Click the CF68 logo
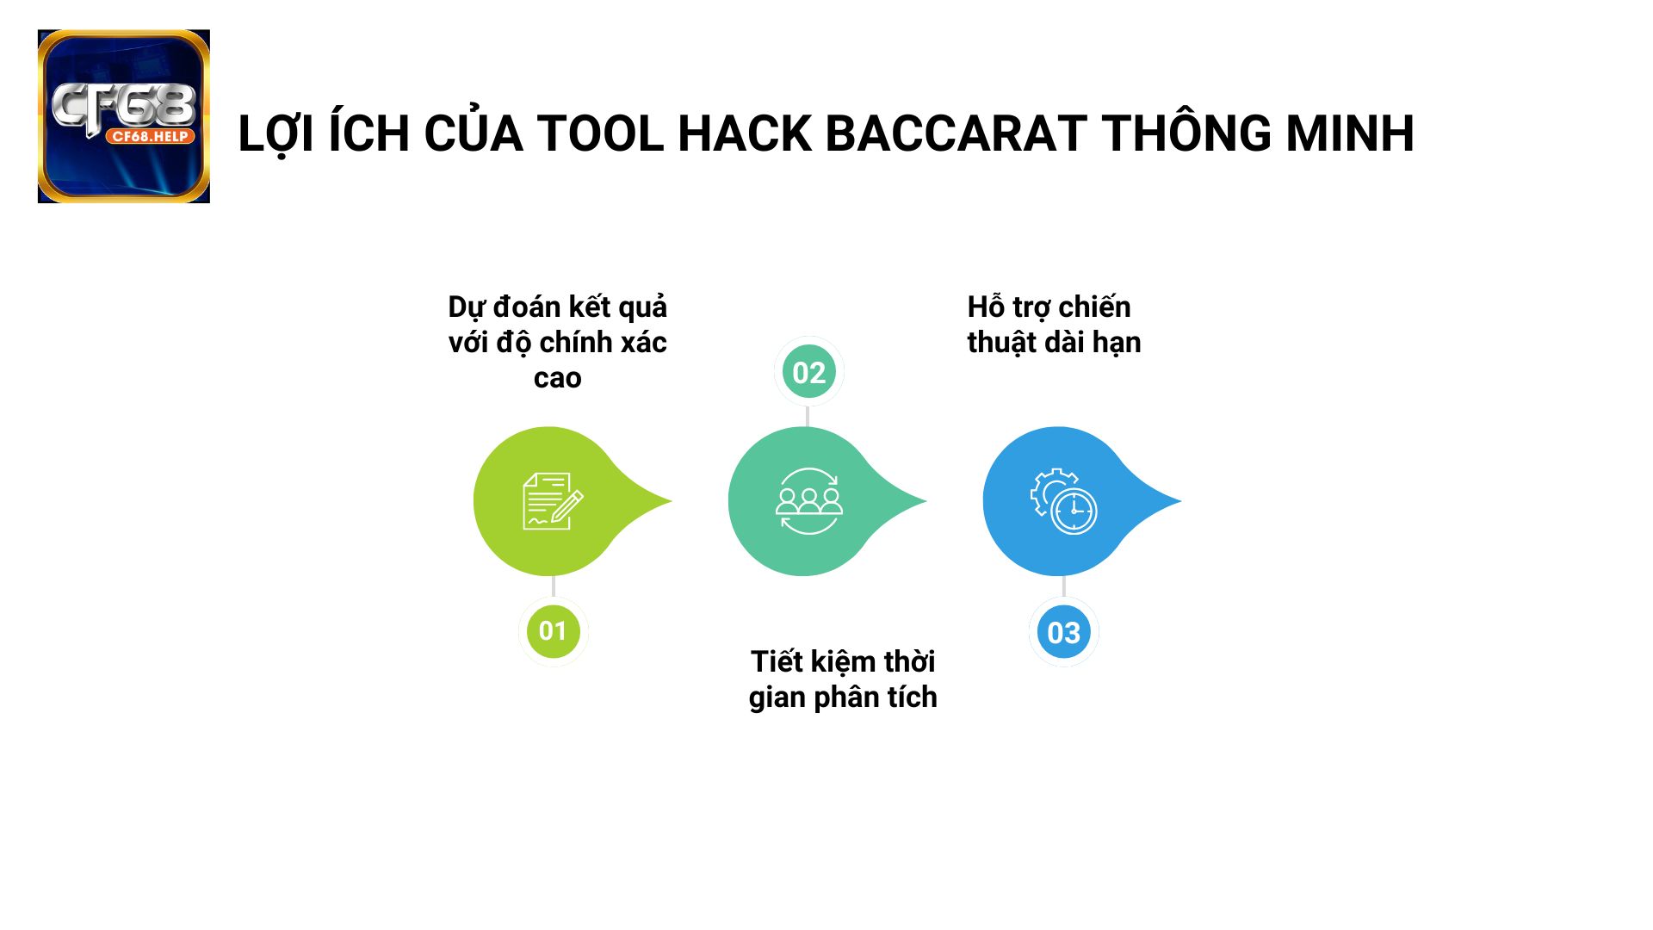pos(124,116)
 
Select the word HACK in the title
pos(744,134)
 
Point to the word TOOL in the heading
pos(600,134)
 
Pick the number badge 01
pos(553,631)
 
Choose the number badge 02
pos(808,372)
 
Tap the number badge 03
pos(1063,633)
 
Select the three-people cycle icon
pos(808,501)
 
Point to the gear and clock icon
pos(1063,501)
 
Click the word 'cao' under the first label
pos(557,378)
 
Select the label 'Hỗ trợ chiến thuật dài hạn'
pos(1054,325)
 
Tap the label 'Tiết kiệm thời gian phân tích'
pos(843,679)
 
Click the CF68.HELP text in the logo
pos(151,136)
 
